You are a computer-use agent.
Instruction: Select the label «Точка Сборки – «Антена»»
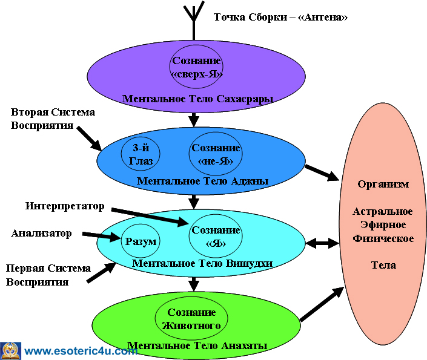[x=280, y=17]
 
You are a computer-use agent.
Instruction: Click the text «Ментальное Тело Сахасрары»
[x=198, y=99]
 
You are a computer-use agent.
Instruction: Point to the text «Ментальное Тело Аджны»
[x=203, y=180]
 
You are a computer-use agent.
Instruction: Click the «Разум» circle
[x=141, y=241]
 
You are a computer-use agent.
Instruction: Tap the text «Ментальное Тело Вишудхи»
[x=202, y=263]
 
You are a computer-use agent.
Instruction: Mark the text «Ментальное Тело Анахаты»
[x=198, y=345]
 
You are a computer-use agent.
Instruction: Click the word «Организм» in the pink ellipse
[x=383, y=184]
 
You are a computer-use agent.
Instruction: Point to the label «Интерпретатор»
[x=65, y=206]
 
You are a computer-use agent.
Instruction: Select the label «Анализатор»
[x=42, y=233]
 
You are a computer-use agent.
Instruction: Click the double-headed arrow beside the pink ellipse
[x=321, y=243]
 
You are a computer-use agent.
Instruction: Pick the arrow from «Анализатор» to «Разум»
[x=102, y=235]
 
